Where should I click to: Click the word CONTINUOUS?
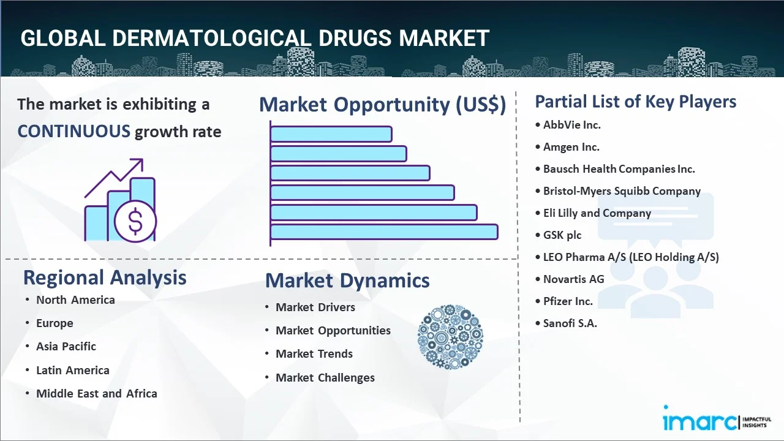74,132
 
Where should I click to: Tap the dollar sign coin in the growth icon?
135,221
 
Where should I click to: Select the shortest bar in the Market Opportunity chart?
331,134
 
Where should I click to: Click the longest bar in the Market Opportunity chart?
384,232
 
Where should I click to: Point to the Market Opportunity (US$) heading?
383,104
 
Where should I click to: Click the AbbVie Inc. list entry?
572,125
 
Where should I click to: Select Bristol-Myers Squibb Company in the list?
622,191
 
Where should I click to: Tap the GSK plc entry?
562,235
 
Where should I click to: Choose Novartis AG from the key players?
574,279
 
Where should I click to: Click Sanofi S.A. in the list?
570,323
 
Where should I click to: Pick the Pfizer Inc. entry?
568,301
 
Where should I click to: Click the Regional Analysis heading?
105,278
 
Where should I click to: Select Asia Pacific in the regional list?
66,347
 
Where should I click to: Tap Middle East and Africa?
97,393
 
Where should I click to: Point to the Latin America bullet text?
73,370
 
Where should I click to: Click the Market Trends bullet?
314,354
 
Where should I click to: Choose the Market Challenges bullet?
325,378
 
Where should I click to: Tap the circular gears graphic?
450,337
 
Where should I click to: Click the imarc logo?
717,418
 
